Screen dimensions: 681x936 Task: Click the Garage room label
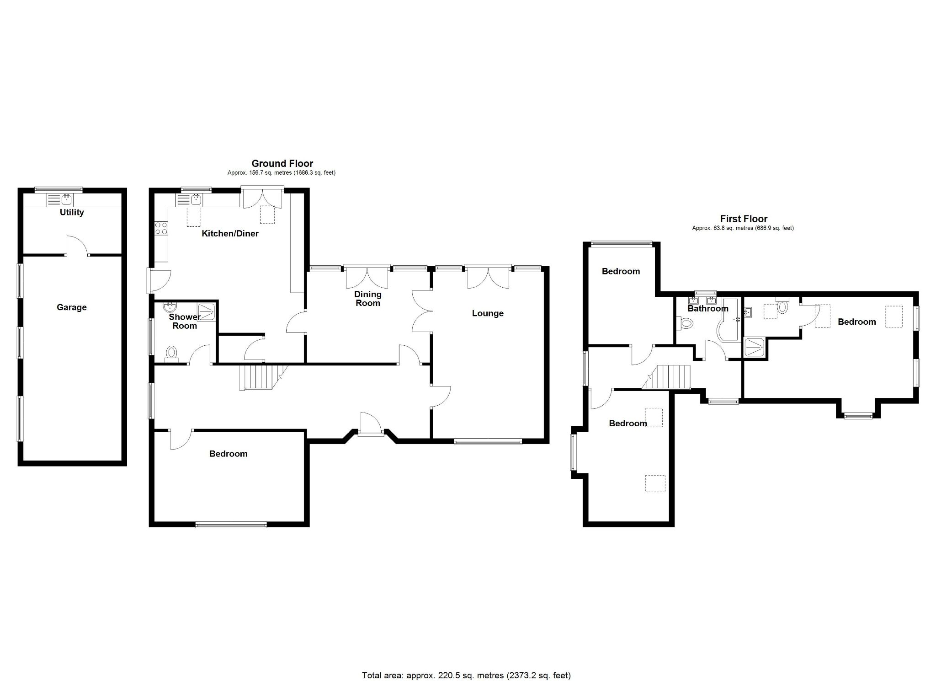click(x=72, y=307)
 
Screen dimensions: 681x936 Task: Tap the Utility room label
click(x=72, y=212)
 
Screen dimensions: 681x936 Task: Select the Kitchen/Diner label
click(x=230, y=234)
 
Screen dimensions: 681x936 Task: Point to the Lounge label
click(x=488, y=313)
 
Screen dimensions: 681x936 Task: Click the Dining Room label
click(x=367, y=299)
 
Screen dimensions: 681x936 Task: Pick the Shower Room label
click(x=185, y=321)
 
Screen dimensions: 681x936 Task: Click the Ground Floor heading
click(x=282, y=163)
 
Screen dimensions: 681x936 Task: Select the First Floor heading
click(x=744, y=219)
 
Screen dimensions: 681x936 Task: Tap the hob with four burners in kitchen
click(x=161, y=228)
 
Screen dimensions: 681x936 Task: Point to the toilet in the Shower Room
click(x=172, y=353)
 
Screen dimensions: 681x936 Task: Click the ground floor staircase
click(x=258, y=377)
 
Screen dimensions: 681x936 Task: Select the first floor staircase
click(x=672, y=377)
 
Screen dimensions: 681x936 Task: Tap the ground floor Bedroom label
click(x=228, y=454)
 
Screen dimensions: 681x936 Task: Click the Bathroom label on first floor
click(x=707, y=309)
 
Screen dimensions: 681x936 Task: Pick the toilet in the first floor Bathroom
click(x=686, y=324)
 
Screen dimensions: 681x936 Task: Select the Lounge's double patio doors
click(x=488, y=277)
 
